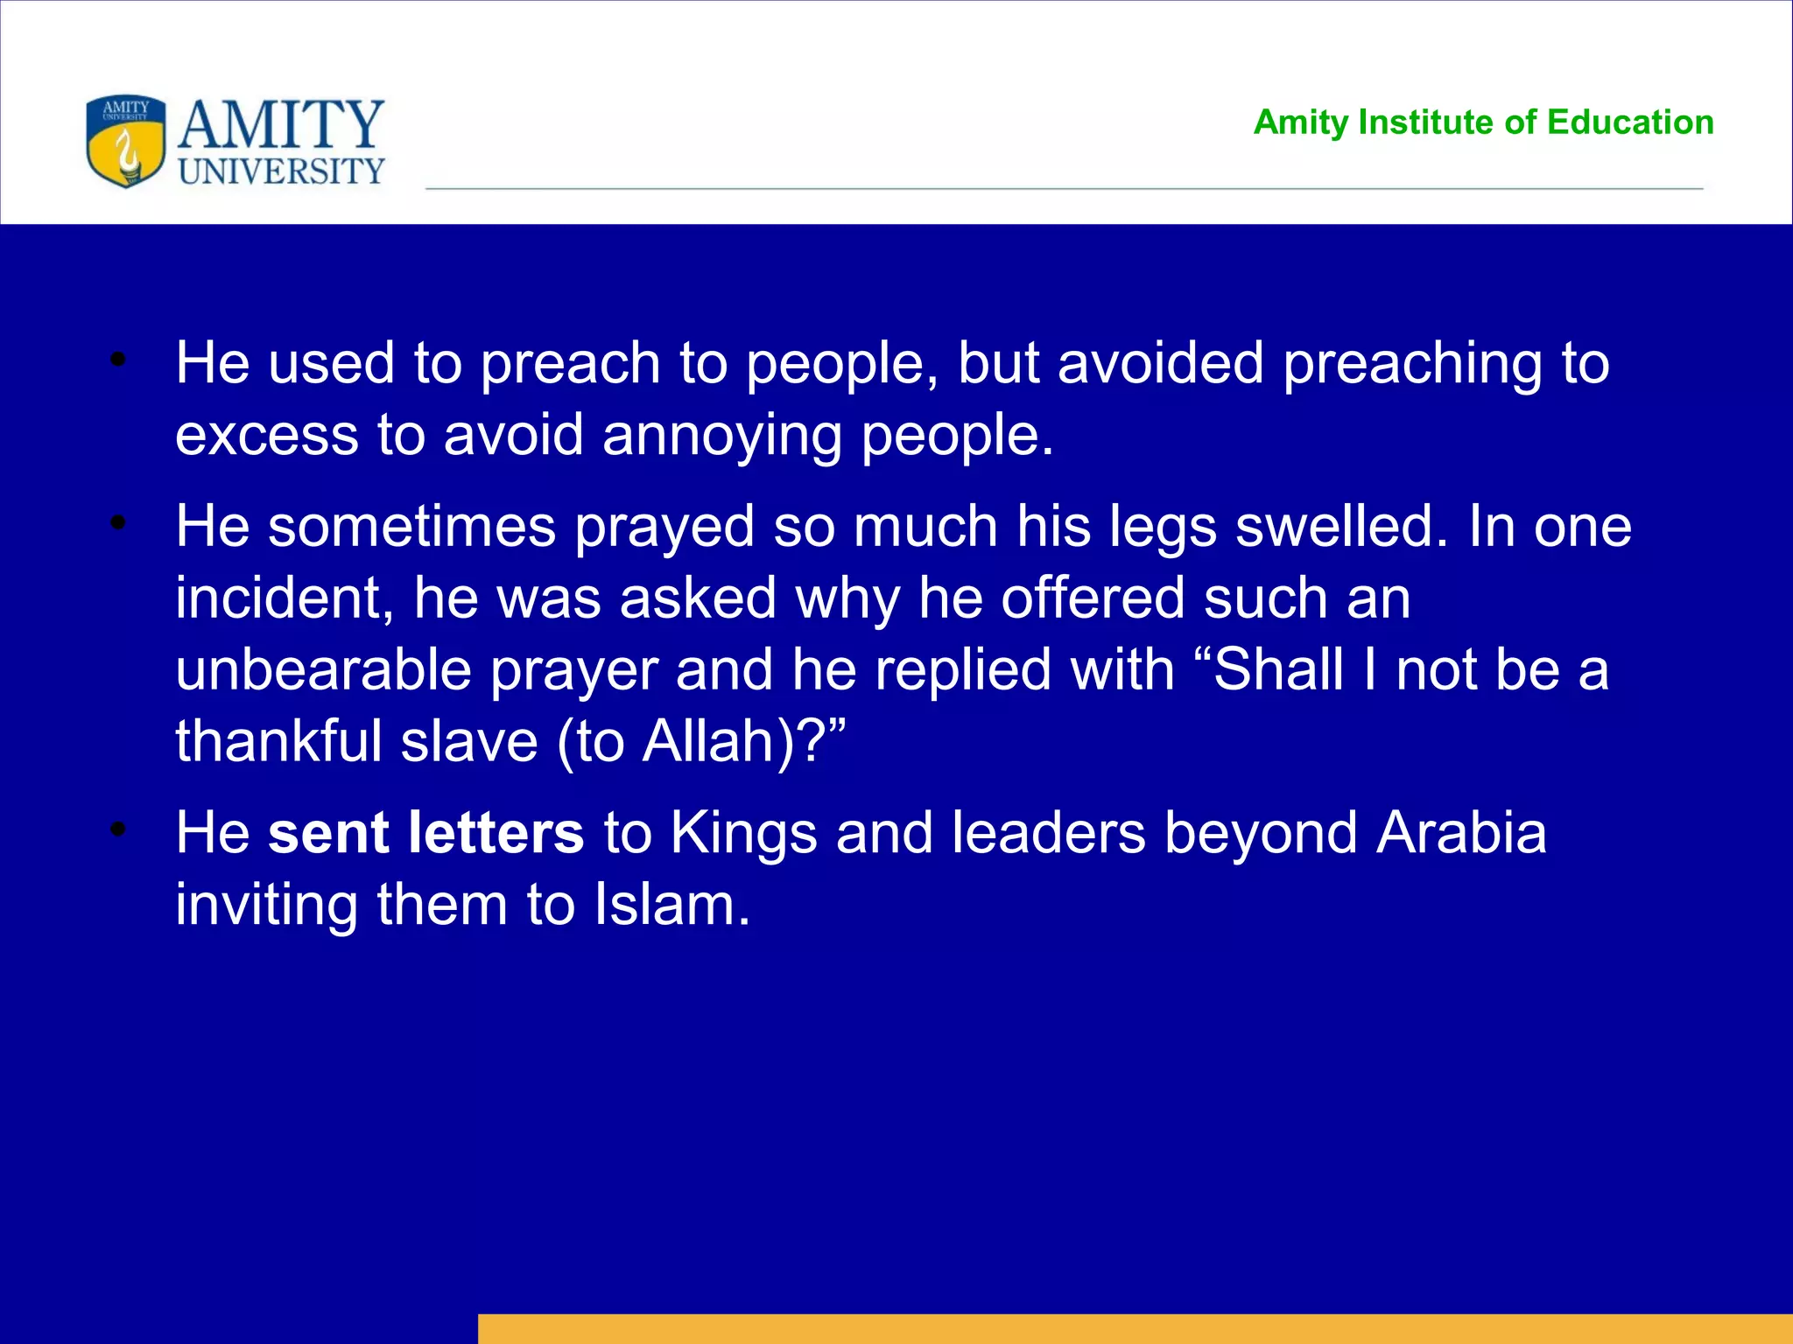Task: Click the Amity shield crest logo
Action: pyautogui.click(x=125, y=141)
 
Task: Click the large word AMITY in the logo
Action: pyautogui.click(x=280, y=125)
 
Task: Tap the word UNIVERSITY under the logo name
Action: pyautogui.click(x=281, y=171)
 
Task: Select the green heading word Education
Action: pyautogui.click(x=1630, y=122)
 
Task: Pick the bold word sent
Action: pyautogui.click(x=327, y=832)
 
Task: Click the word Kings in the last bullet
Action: pyautogui.click(x=743, y=832)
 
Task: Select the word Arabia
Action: pyautogui.click(x=1461, y=832)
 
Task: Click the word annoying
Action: pyautogui.click(x=721, y=436)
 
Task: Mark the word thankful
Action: pyautogui.click(x=278, y=742)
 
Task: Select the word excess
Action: pyautogui.click(x=266, y=436)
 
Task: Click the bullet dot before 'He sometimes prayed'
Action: pyautogui.click(x=119, y=523)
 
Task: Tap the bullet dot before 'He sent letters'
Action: pyautogui.click(x=119, y=829)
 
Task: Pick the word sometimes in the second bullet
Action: pyautogui.click(x=411, y=527)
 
